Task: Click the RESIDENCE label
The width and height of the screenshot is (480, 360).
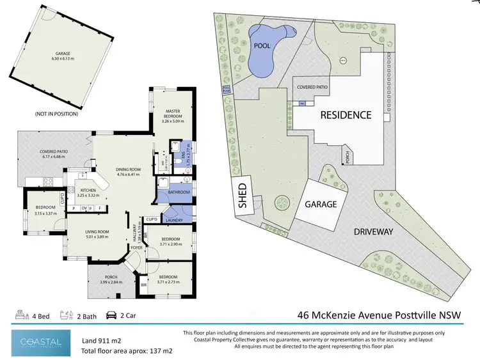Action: tap(346, 115)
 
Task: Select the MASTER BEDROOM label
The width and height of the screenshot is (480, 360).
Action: tap(173, 113)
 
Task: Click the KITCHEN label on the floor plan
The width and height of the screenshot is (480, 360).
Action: tap(88, 190)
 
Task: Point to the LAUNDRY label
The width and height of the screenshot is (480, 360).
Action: tap(173, 221)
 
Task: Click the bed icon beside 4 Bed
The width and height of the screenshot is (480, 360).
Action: tap(19, 315)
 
